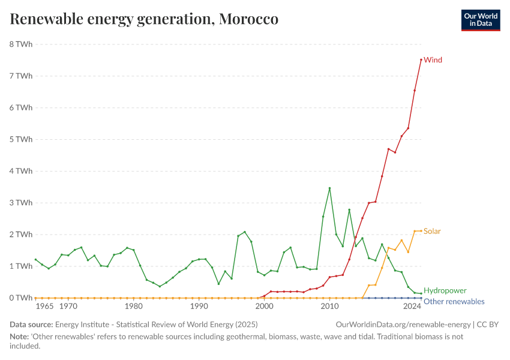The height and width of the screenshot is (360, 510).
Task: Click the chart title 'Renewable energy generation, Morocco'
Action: pos(144,19)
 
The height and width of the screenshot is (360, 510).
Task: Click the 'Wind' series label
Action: pos(433,60)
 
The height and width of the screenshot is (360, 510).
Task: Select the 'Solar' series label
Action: pos(432,231)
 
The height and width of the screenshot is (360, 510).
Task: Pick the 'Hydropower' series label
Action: pos(445,290)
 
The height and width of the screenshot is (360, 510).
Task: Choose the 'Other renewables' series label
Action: pos(454,302)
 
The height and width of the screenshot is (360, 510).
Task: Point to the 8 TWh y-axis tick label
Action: pos(21,44)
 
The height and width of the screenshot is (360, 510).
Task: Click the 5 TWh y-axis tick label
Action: pos(21,139)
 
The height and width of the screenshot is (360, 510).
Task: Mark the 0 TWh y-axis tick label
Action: pos(21,298)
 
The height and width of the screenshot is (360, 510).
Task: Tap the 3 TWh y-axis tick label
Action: pos(21,203)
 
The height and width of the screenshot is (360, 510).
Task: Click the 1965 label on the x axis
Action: pos(45,307)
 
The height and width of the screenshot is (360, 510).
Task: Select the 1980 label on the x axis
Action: pos(133,307)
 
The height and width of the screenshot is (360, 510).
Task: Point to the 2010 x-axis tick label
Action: pos(329,307)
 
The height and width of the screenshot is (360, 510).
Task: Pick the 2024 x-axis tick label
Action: pos(412,307)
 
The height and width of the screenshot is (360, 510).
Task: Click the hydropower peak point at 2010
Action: pos(329,188)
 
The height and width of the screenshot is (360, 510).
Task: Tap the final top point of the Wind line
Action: pos(421,59)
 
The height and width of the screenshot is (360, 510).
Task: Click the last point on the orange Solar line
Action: pos(421,231)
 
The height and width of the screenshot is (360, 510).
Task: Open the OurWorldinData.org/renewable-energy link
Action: pos(403,325)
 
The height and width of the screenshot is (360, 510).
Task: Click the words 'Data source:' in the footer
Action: pos(31,325)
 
